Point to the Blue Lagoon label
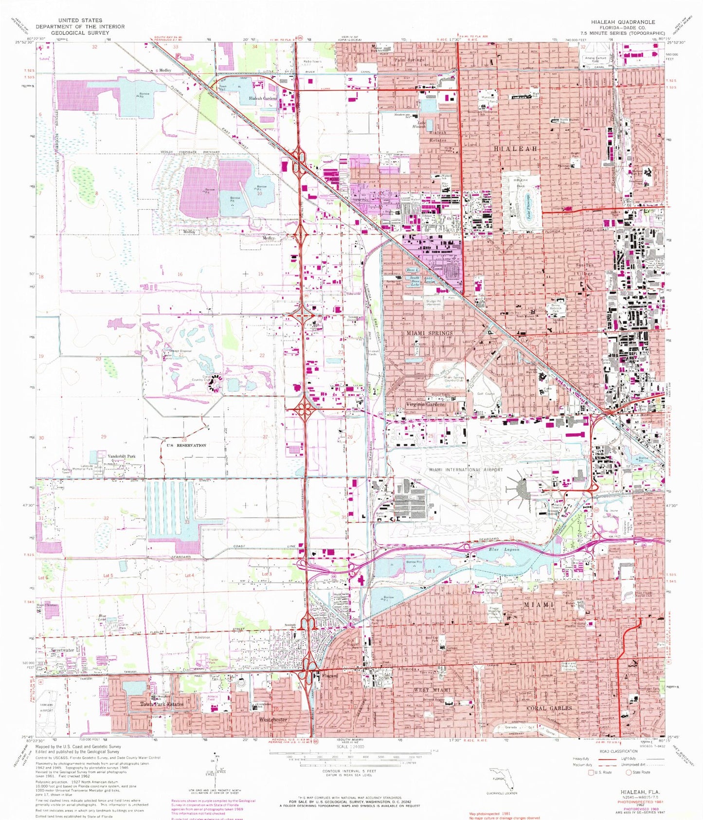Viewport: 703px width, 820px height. [x=504, y=549]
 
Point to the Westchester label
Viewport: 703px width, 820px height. [x=273, y=719]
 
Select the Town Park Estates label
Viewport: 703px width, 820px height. [x=162, y=704]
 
